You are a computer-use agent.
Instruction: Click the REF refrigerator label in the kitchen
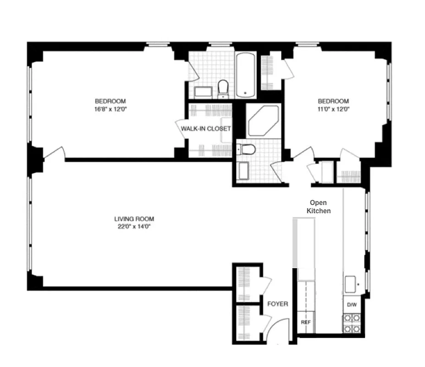pyautogui.click(x=305, y=322)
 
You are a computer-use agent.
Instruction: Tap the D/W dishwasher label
pyautogui.click(x=352, y=305)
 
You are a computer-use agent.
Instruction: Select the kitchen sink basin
pyautogui.click(x=351, y=284)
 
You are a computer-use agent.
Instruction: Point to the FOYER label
pyautogui.click(x=277, y=304)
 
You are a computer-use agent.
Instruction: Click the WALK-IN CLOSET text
pyautogui.click(x=206, y=129)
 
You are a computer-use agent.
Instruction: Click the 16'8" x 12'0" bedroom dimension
pyautogui.click(x=110, y=109)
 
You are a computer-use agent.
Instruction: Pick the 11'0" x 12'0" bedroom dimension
pyautogui.click(x=334, y=109)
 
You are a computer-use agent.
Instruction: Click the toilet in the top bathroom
pyautogui.click(x=223, y=88)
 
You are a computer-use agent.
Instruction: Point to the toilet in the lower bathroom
pyautogui.click(x=243, y=149)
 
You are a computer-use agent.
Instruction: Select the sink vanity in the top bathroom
pyautogui.click(x=203, y=92)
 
